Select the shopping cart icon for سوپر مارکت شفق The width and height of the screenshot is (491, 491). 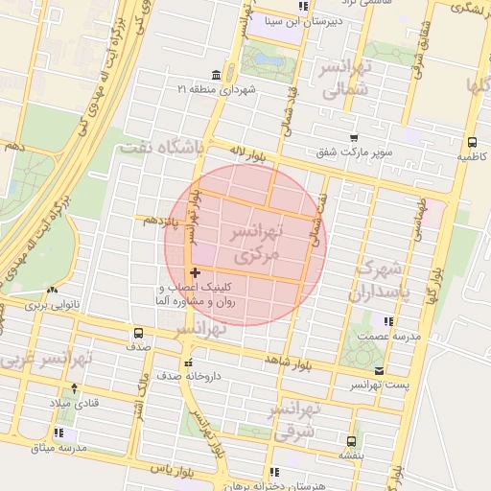[x=354, y=138]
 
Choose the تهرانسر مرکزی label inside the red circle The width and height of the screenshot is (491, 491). [x=257, y=245]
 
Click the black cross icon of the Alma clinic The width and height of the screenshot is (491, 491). [x=196, y=274]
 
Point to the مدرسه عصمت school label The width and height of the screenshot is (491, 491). [x=386, y=337]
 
